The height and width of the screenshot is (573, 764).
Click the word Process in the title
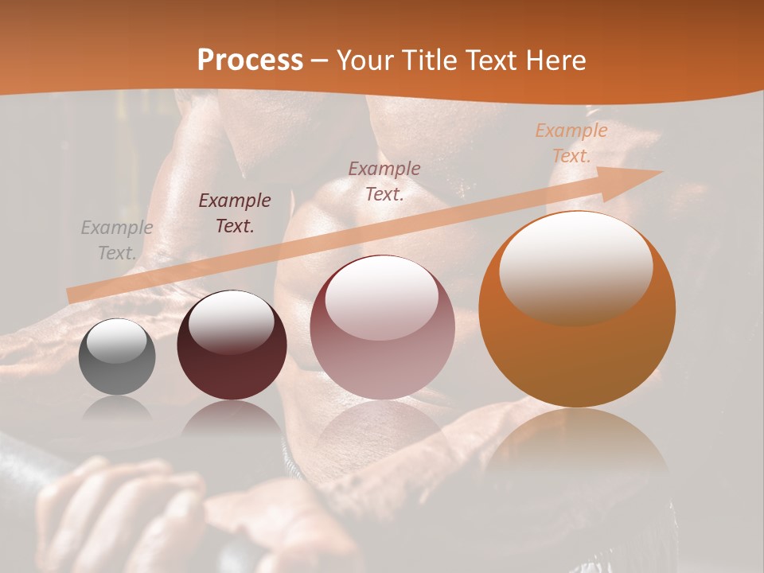click(x=250, y=60)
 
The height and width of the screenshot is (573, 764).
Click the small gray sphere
click(x=117, y=357)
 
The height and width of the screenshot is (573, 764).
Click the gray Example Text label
click(x=116, y=240)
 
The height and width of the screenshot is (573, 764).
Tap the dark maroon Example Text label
click(x=235, y=213)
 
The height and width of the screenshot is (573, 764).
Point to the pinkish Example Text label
click(x=384, y=181)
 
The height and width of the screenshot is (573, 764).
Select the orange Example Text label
click(x=571, y=143)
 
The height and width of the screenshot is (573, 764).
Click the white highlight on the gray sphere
click(x=116, y=341)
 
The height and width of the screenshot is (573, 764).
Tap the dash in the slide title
click(x=320, y=60)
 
